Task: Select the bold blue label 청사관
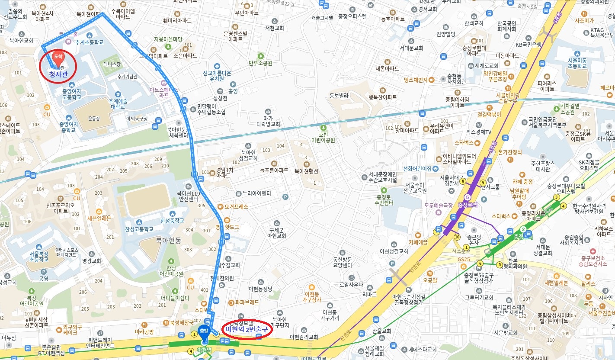click(x=58, y=74)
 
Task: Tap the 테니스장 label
click(x=113, y=64)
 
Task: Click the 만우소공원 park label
click(x=260, y=63)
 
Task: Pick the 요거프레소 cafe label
click(x=236, y=207)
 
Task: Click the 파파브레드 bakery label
click(x=247, y=302)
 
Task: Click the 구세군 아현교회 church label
click(x=276, y=233)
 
